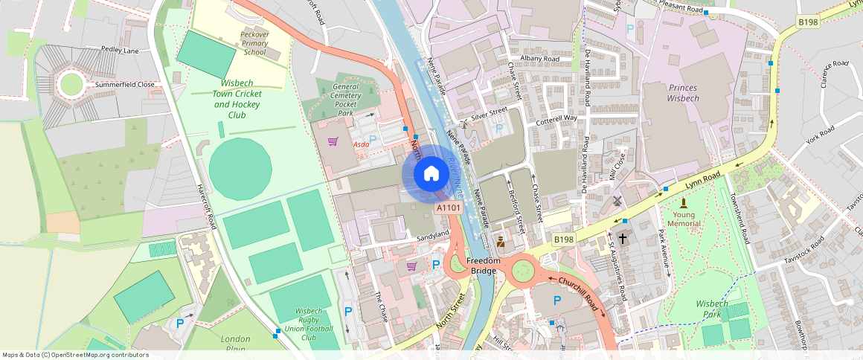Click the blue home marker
431,174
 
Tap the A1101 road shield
449,209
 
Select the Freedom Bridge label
482,266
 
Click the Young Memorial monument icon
684,202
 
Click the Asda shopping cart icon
333,141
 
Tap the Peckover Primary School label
254,43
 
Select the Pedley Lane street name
121,51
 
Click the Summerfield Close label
124,85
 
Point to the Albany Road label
540,59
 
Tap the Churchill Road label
579,293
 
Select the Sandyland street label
433,235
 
